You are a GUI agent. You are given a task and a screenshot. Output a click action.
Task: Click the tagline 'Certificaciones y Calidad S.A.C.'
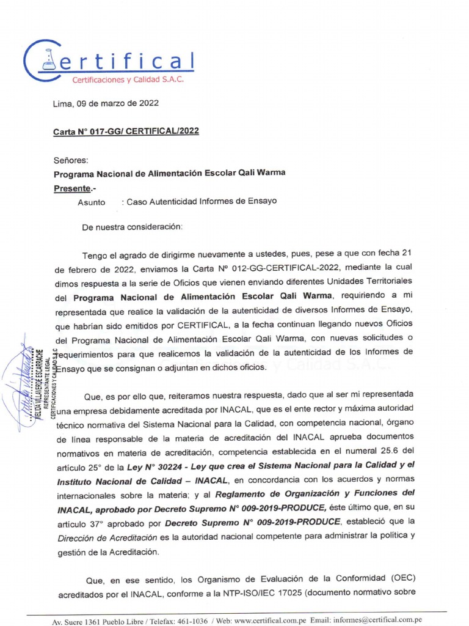pyautogui.click(x=128, y=79)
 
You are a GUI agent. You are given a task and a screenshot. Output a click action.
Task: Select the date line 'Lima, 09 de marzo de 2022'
pyautogui.click(x=106, y=103)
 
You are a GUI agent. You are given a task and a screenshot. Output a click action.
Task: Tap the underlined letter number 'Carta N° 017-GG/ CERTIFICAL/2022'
pyautogui.click(x=126, y=131)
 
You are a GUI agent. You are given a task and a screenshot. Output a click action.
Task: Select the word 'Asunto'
pyautogui.click(x=91, y=202)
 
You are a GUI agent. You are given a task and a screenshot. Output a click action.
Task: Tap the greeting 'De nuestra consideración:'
pyautogui.click(x=132, y=227)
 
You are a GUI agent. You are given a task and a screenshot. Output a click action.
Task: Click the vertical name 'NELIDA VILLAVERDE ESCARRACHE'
pyautogui.click(x=38, y=382)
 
